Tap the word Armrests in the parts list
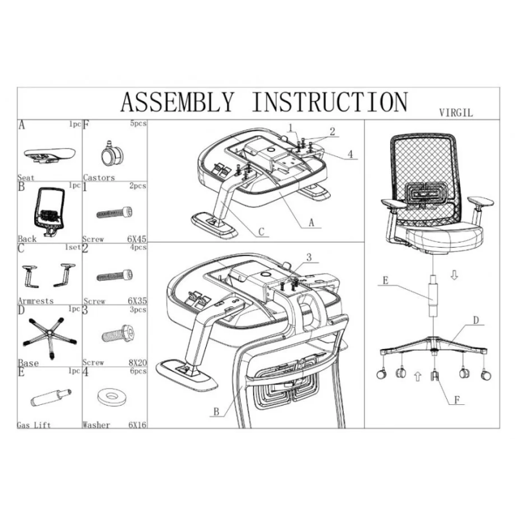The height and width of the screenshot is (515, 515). (x=36, y=300)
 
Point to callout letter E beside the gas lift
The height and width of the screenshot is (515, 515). (x=384, y=280)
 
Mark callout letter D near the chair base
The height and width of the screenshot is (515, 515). (x=476, y=320)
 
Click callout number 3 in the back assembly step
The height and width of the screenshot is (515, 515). (x=309, y=257)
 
